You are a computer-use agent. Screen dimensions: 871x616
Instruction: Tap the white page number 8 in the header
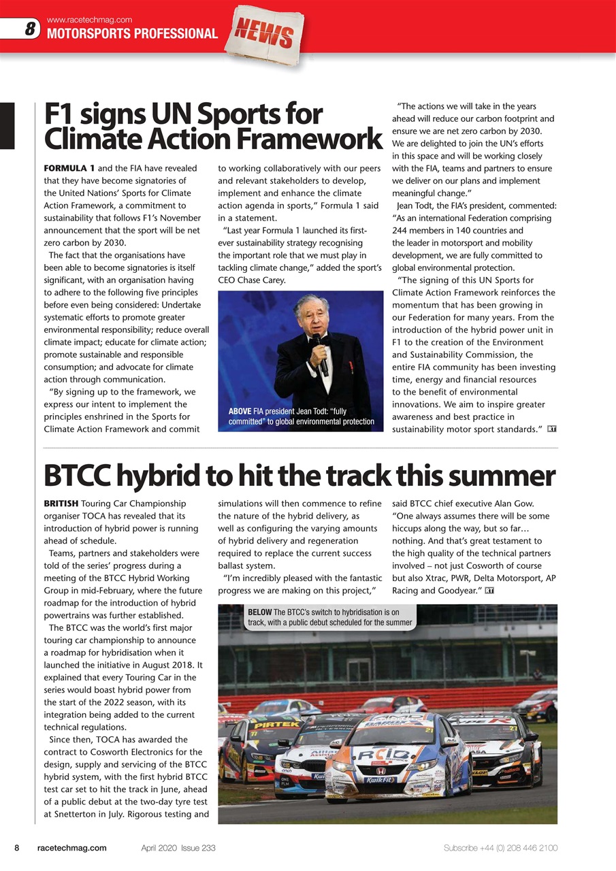coord(30,29)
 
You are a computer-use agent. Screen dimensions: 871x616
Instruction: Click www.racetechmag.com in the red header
coord(89,19)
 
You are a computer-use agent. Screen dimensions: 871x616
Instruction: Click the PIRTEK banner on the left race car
coord(275,726)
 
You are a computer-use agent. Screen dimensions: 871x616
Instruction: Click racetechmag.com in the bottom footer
coord(72,848)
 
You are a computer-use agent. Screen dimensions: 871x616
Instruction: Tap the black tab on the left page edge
coord(7,125)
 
